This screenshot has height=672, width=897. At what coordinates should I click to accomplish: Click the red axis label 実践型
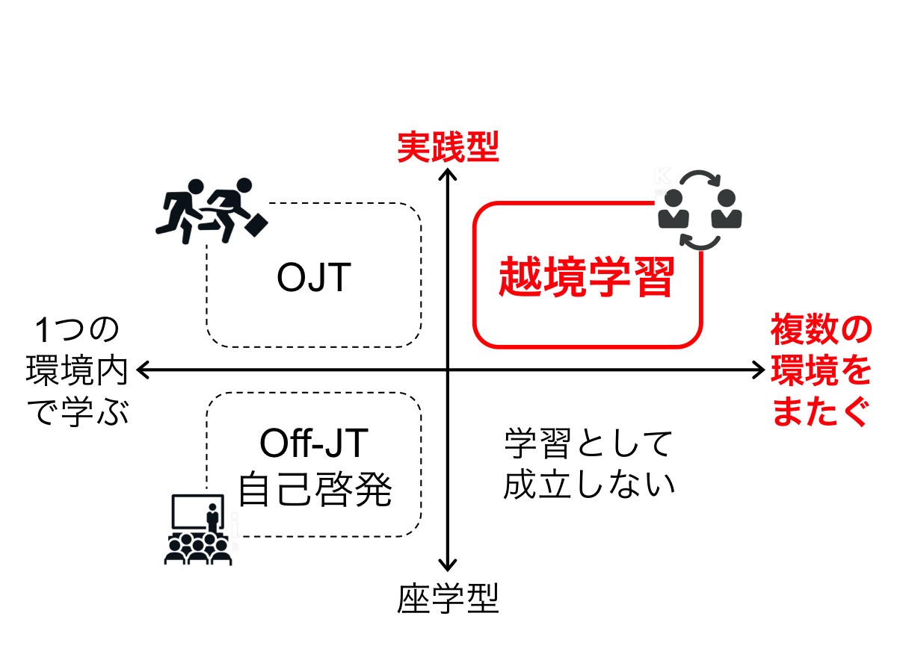pyautogui.click(x=447, y=148)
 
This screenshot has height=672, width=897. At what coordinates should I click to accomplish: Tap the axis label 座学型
pyautogui.click(x=447, y=597)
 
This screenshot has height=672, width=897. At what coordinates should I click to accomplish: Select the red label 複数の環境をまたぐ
pyautogui.click(x=821, y=370)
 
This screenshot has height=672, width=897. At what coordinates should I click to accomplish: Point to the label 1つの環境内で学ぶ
pyautogui.click(x=77, y=370)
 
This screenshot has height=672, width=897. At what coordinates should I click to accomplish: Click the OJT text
pyautogui.click(x=313, y=279)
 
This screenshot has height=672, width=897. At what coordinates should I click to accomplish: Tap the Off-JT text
pyautogui.click(x=314, y=446)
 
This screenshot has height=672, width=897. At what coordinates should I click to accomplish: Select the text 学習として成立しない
pyautogui.click(x=588, y=464)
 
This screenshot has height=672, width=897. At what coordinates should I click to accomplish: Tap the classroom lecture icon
pyautogui.click(x=195, y=529)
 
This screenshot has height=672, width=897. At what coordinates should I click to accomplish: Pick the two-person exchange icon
pyautogui.click(x=700, y=209)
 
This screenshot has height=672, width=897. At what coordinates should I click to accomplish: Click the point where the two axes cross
pyautogui.click(x=447, y=369)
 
